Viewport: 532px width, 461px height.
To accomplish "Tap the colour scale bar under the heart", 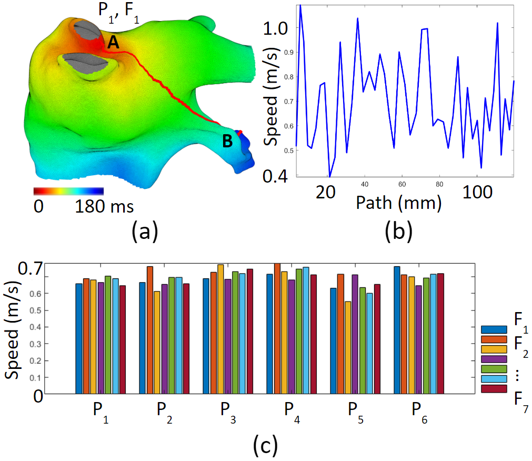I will pos(68,191).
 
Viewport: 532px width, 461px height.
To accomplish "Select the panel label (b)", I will pos(398,230).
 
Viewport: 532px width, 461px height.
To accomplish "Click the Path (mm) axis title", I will pos(398,203).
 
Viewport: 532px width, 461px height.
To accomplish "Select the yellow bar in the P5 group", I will pos(347,347).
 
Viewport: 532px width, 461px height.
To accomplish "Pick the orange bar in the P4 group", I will pos(277,328).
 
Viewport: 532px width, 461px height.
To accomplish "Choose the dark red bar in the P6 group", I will pos(441,333).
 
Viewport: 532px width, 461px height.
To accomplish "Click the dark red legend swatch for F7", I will pos(494,388).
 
